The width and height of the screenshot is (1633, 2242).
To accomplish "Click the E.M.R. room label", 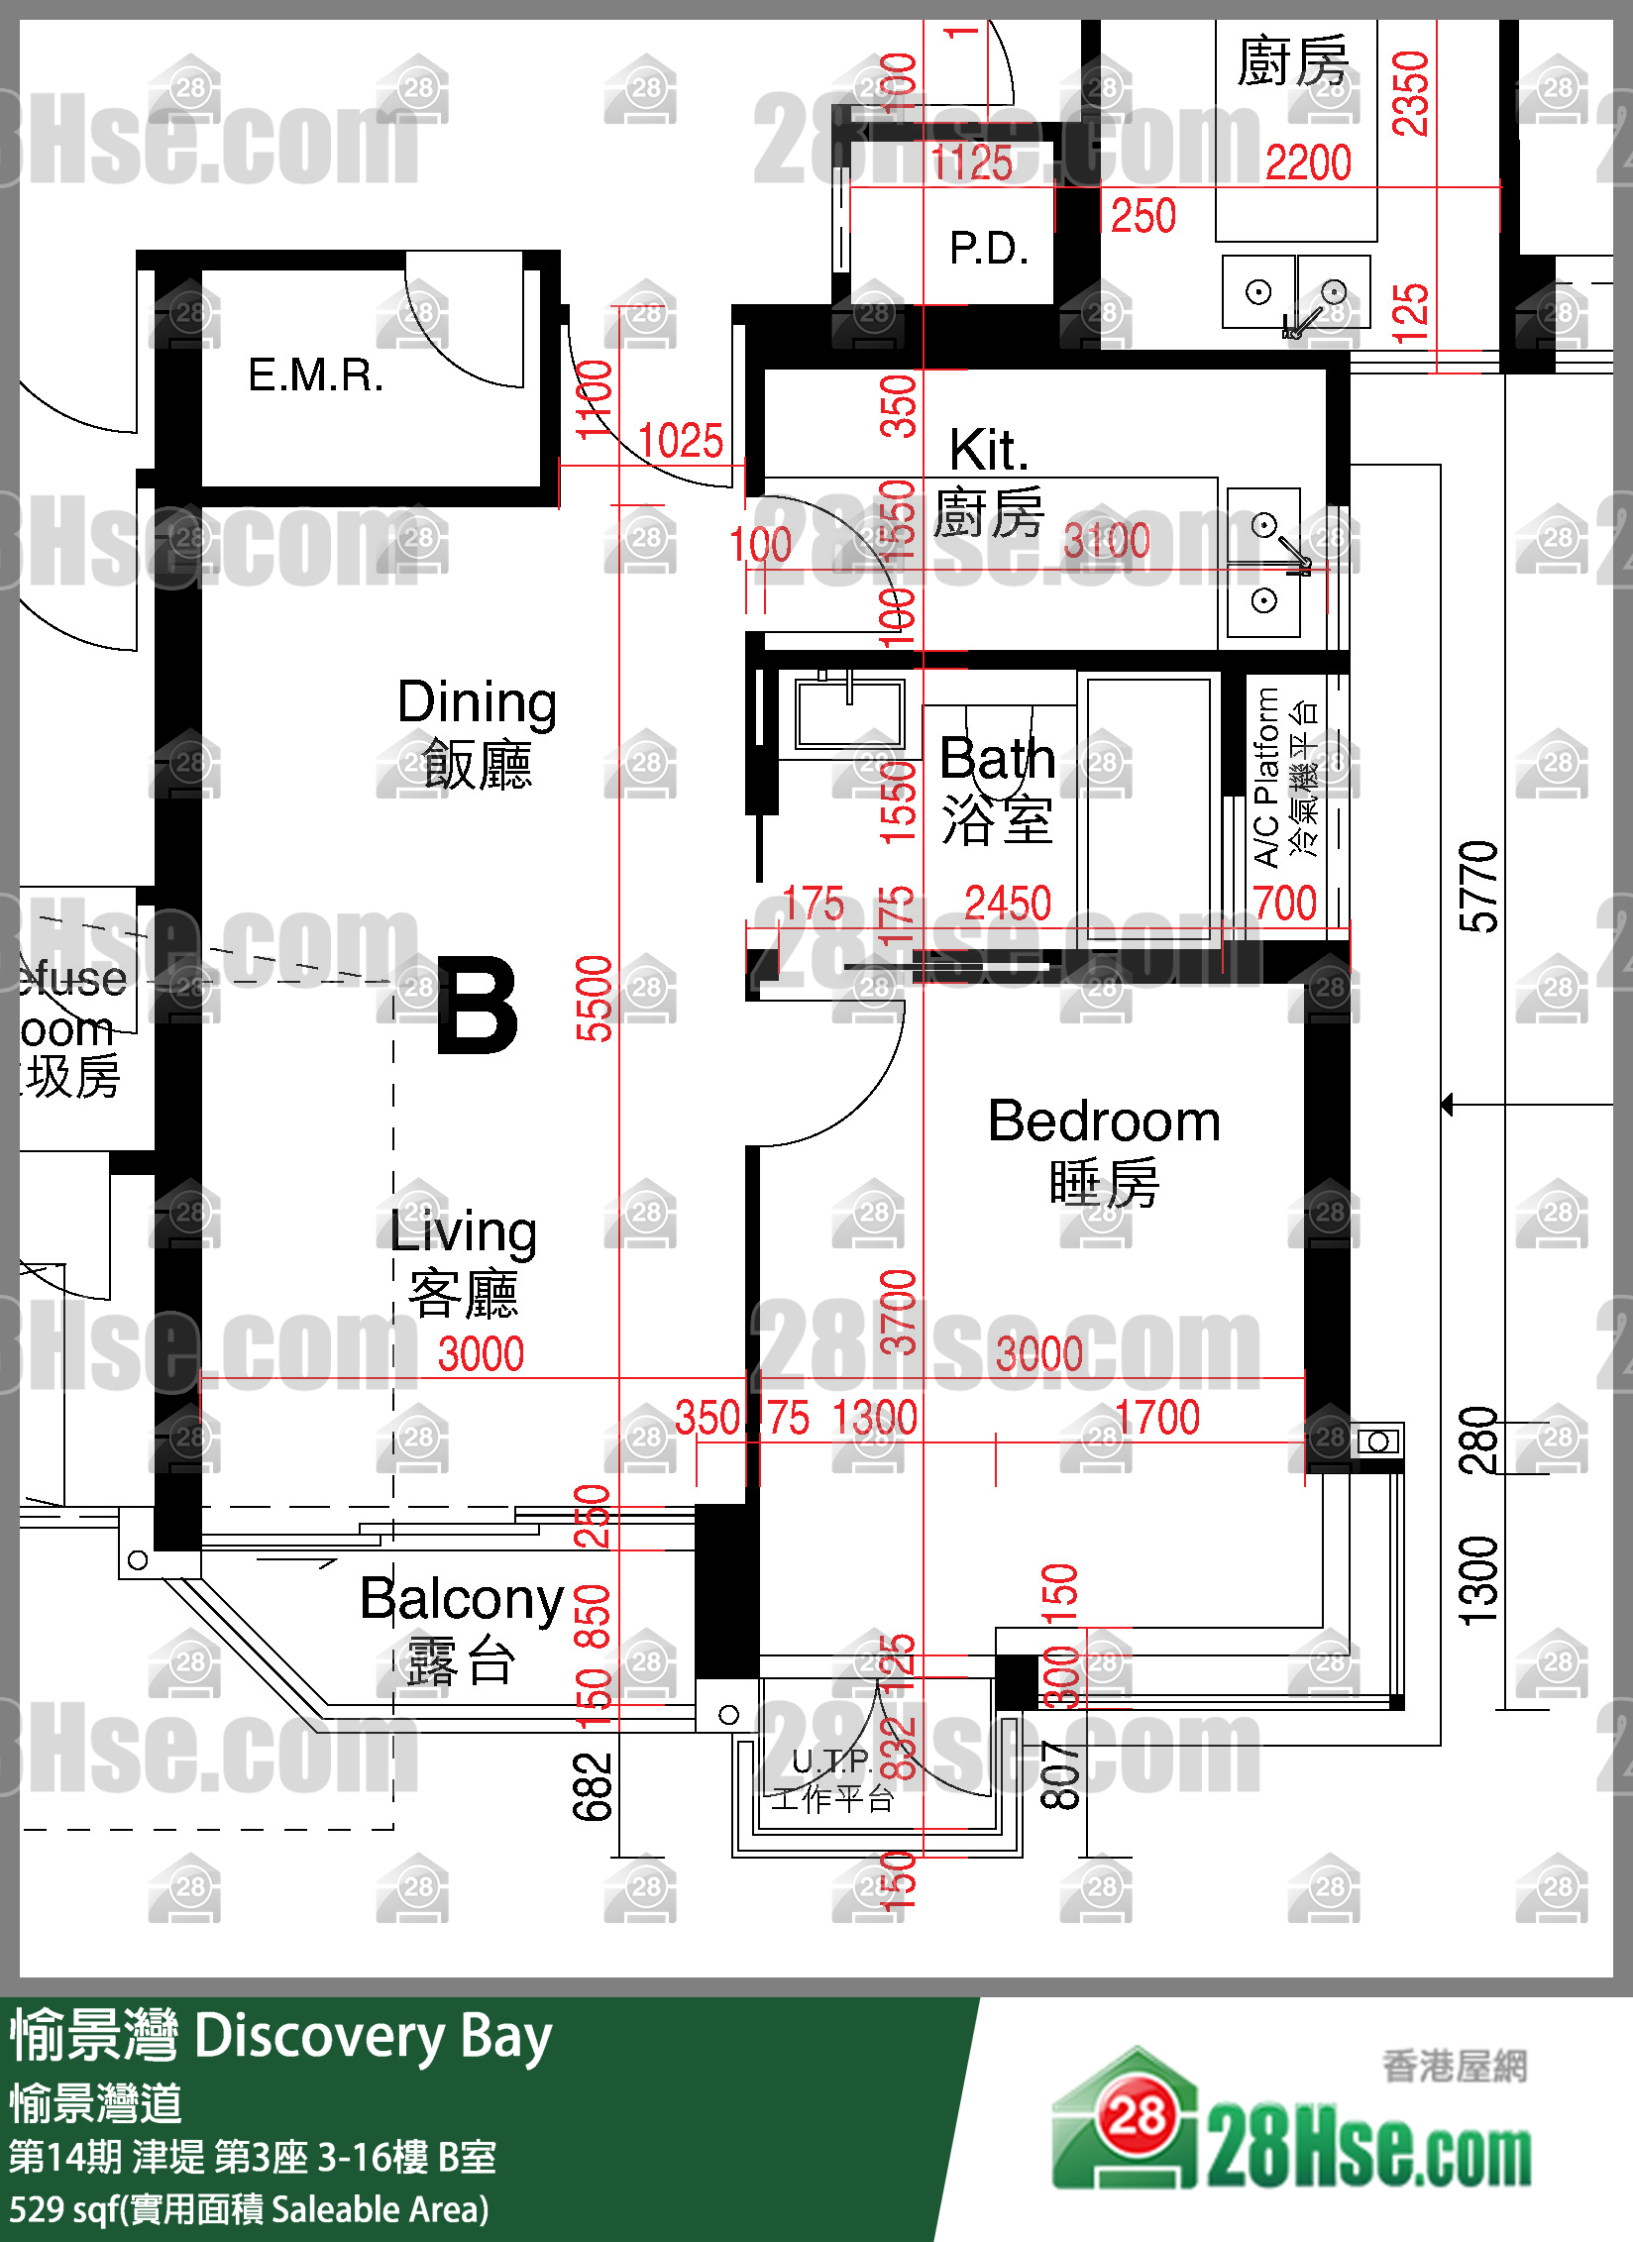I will [315, 375].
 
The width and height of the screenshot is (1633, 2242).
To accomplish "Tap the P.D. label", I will [988, 249].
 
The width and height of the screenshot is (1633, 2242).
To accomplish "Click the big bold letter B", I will [478, 1006].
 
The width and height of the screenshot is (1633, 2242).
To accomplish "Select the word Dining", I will [477, 702].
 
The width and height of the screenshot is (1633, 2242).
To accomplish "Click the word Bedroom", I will [1104, 1121].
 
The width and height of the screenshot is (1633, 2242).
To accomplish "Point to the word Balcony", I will [461, 1599].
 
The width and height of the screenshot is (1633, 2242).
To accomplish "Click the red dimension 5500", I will [595, 998].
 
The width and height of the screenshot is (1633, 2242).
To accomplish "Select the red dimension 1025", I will [680, 441].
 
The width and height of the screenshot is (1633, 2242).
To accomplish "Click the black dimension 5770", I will [1478, 887].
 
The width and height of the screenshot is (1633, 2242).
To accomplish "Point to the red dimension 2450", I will [1008, 903].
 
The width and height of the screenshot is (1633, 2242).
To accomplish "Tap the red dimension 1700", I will [1157, 1417].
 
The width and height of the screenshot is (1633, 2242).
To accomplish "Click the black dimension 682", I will [593, 1786].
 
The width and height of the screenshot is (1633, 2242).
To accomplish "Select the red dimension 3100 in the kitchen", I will [1107, 541].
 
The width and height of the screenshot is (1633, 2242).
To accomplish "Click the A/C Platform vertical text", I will [1266, 779].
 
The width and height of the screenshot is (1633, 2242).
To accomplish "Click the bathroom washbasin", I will [849, 713].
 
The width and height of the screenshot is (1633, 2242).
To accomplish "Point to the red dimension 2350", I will [1410, 93].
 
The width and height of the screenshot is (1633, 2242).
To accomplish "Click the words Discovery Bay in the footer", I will [373, 2038].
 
